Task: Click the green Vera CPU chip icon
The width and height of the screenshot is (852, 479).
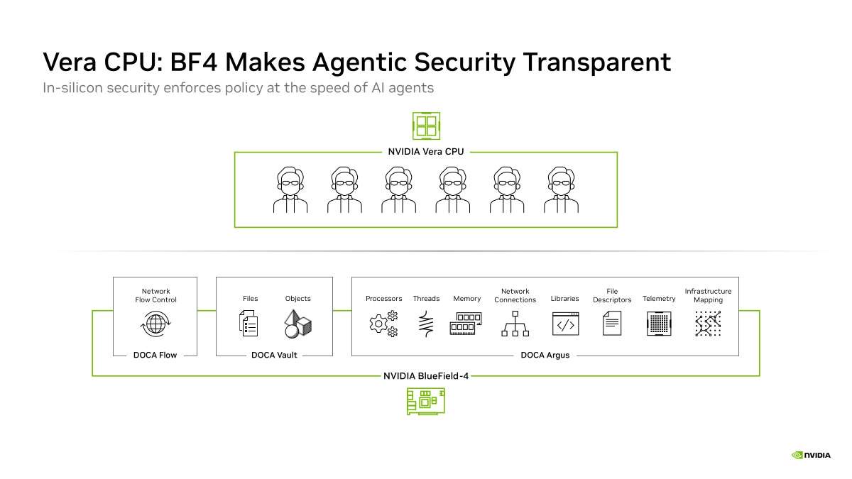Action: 427,126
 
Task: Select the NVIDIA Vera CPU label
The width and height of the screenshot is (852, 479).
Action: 426,152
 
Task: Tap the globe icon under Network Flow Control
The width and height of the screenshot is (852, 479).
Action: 155,324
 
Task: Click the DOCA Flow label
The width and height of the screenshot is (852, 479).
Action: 155,355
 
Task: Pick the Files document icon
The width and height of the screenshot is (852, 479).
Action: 248,324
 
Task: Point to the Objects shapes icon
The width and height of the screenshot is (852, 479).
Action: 297,324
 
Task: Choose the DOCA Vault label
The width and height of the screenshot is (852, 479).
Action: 274,355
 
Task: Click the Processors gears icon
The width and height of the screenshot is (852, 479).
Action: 384,324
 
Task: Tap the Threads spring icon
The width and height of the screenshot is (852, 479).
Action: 427,324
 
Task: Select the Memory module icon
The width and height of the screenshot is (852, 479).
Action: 466,324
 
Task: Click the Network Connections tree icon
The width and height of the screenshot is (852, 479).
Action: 515,324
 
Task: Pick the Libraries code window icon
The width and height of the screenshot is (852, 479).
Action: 566,324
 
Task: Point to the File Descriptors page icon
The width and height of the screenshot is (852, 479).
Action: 612,324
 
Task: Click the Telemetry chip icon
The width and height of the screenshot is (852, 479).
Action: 659,324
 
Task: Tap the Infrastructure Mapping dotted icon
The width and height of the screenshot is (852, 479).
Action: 708,324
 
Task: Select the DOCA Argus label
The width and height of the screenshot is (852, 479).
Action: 545,355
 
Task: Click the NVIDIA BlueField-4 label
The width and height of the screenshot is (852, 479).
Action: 426,376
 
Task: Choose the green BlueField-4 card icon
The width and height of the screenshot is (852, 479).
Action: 426,402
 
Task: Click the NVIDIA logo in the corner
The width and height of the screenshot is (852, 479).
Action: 811,455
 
